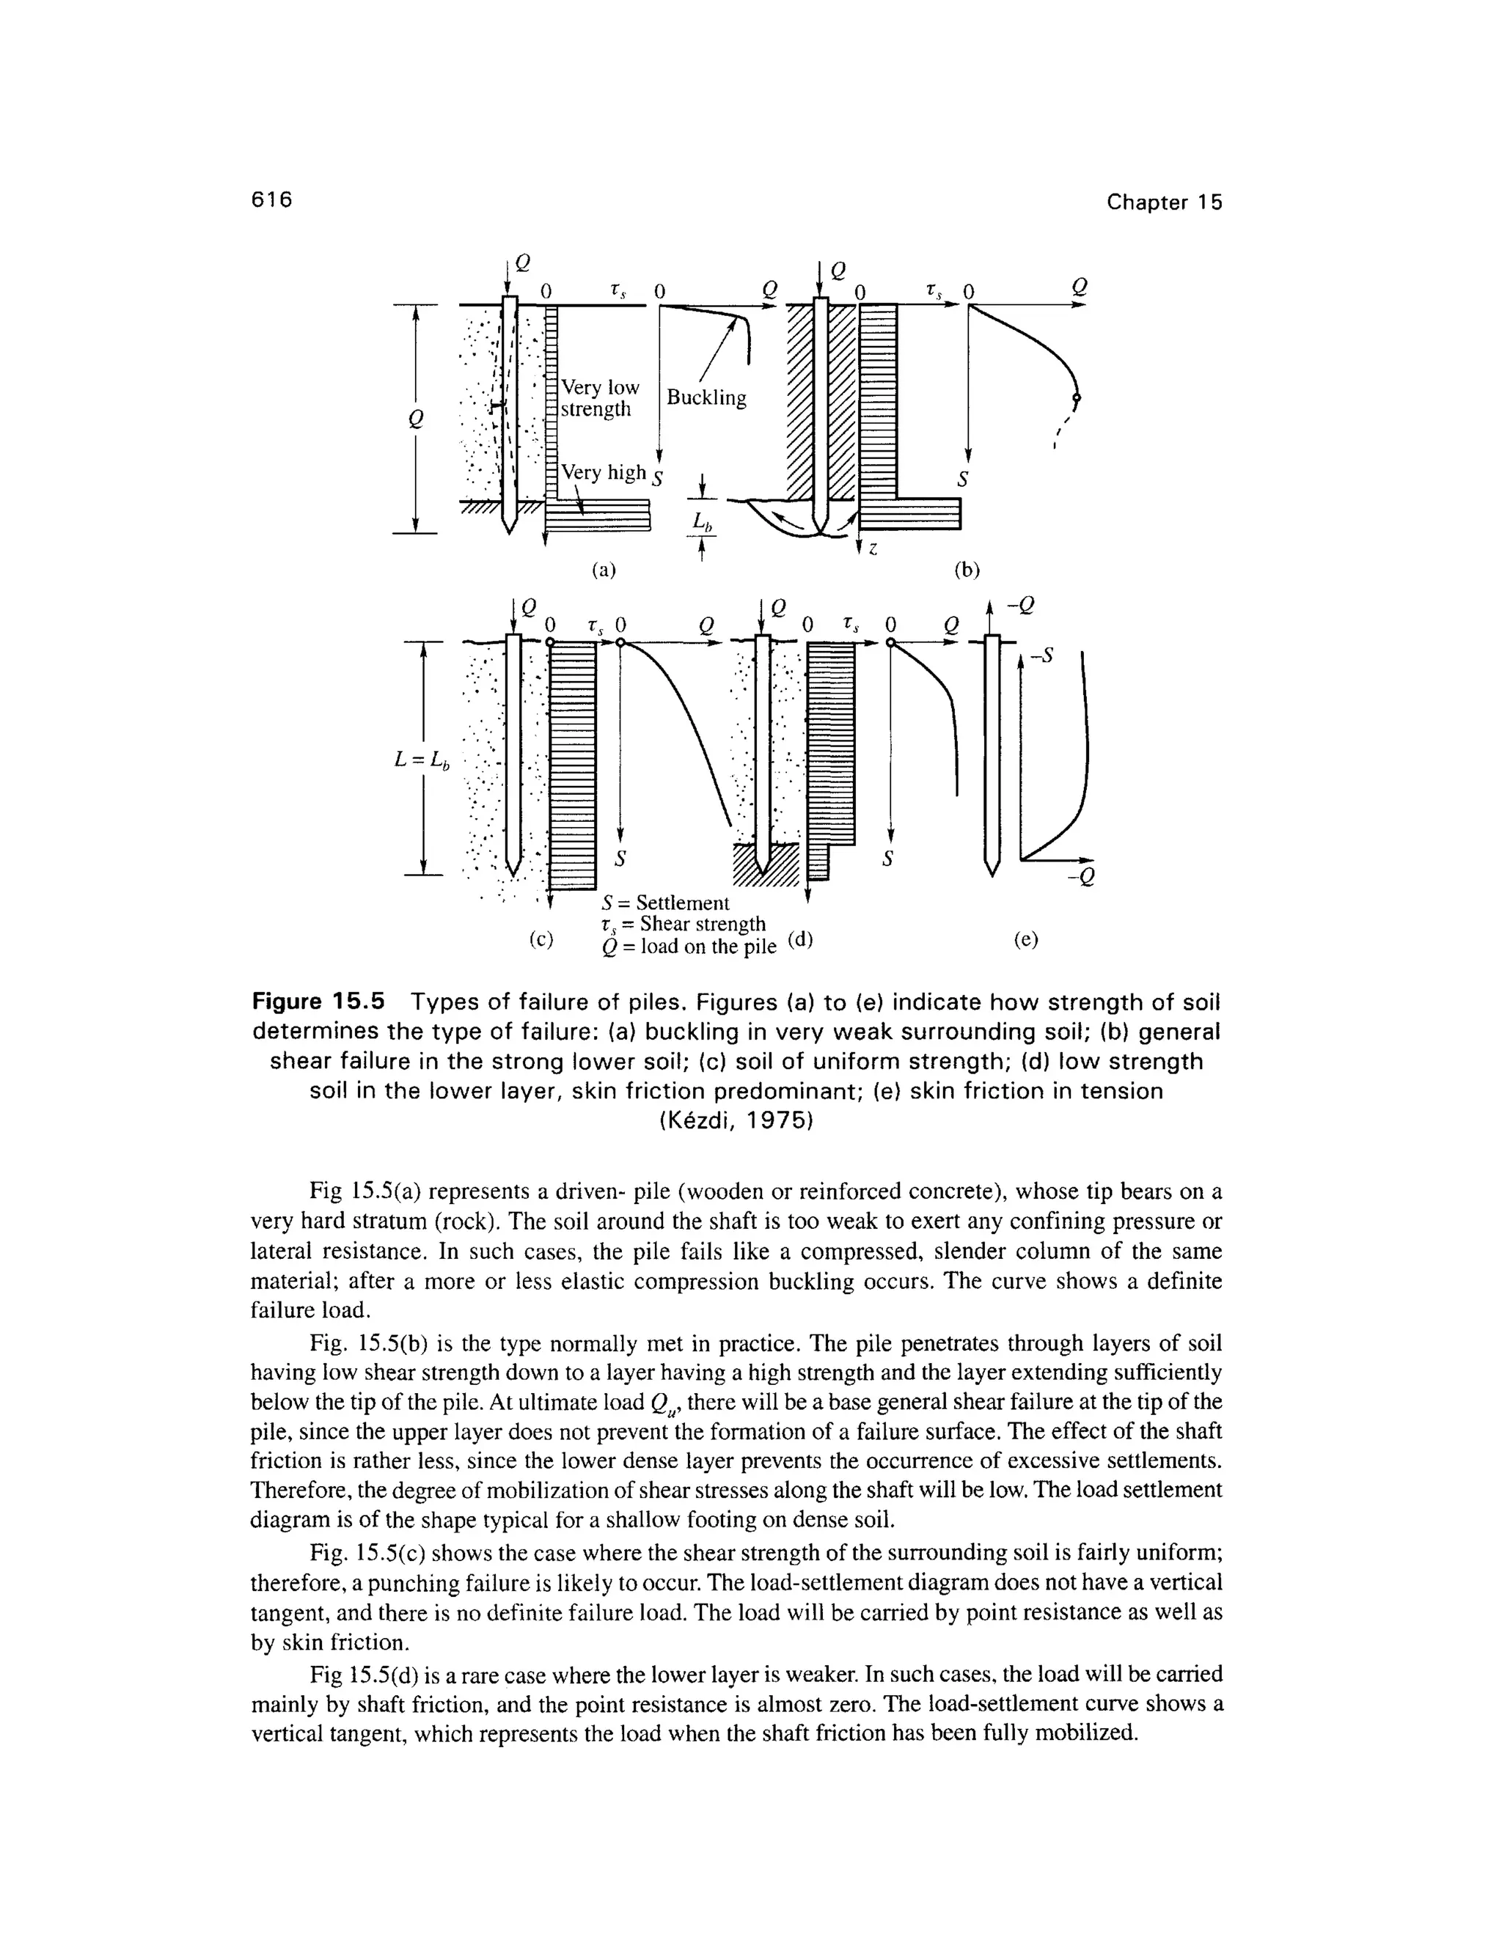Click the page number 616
(x=271, y=200)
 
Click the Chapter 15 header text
(x=1164, y=203)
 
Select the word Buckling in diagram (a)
(x=706, y=397)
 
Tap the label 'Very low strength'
(x=598, y=399)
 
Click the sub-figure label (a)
(x=604, y=570)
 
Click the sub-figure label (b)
(x=967, y=570)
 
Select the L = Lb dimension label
(x=422, y=760)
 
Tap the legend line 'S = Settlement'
(x=666, y=903)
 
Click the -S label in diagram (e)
(x=1040, y=656)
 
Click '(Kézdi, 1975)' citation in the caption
(x=737, y=1122)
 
